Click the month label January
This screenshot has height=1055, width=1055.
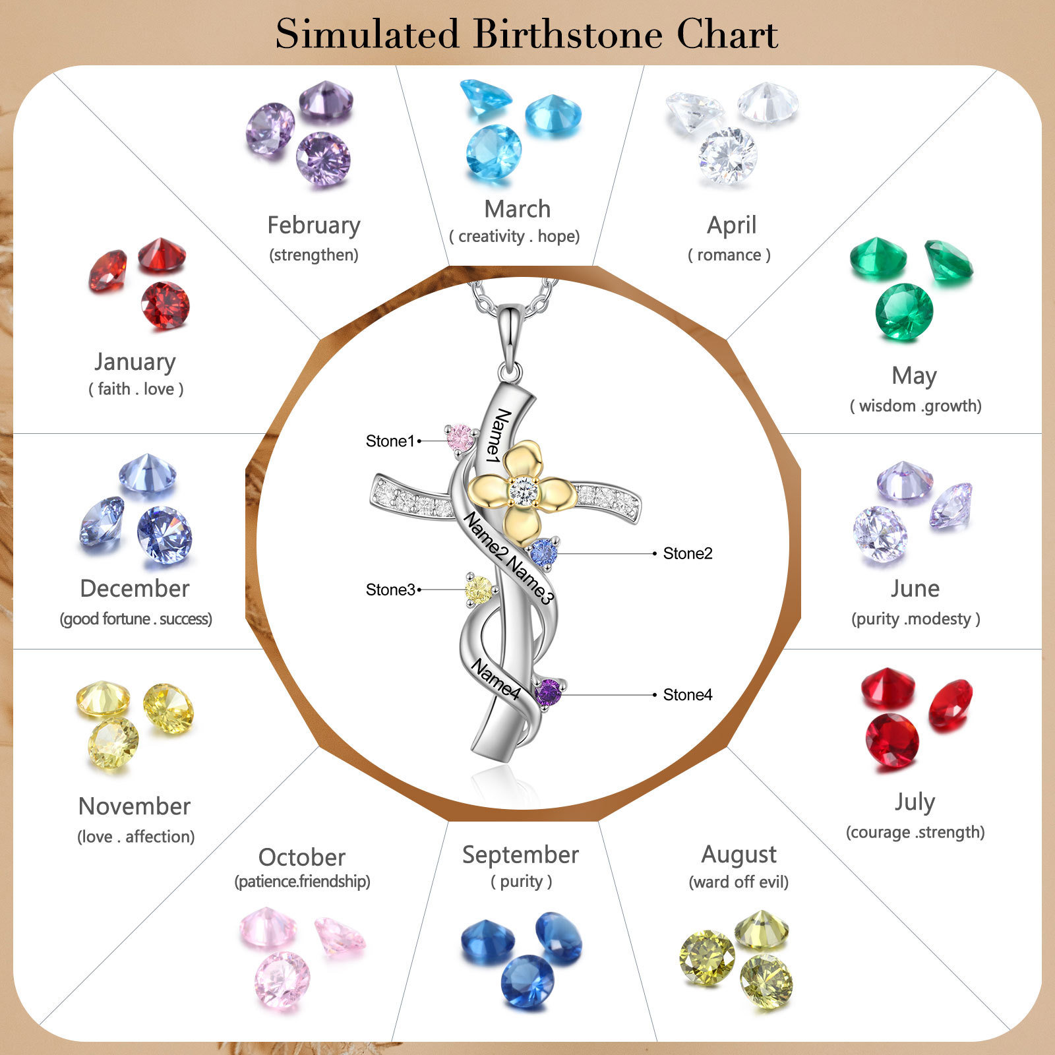(135, 361)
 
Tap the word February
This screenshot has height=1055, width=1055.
(314, 226)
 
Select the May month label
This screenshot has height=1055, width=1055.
(914, 376)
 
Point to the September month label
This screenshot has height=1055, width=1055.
(520, 855)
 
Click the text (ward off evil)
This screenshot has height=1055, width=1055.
(738, 882)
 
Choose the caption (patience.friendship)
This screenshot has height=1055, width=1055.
(302, 882)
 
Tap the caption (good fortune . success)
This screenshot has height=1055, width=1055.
(136, 619)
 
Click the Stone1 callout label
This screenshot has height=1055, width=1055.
(390, 441)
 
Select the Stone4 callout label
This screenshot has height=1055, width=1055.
(688, 695)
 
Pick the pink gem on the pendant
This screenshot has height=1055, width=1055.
(461, 437)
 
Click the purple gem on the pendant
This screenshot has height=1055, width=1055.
(548, 693)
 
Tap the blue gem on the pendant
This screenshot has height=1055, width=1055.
(544, 552)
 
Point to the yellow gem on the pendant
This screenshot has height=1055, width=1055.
(479, 589)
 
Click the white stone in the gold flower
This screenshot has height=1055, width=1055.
(524, 492)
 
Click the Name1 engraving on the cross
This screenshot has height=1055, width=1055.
(498, 435)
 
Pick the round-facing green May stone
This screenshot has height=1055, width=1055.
(904, 311)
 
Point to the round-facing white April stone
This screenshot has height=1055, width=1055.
(728, 156)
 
